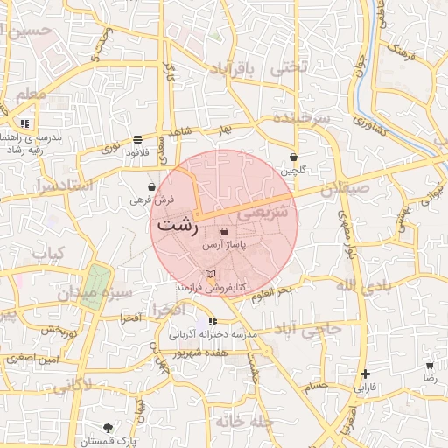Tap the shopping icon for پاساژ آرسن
pyautogui.click(x=226, y=232)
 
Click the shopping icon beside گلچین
pyautogui.click(x=293, y=157)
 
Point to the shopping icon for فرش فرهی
pyautogui.click(x=152, y=186)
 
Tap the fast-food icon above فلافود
pyautogui.click(x=138, y=140)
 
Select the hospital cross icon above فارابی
pyautogui.click(x=365, y=374)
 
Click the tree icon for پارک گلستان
pyautogui.click(x=108, y=428)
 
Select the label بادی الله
pyautogui.click(x=360, y=286)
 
